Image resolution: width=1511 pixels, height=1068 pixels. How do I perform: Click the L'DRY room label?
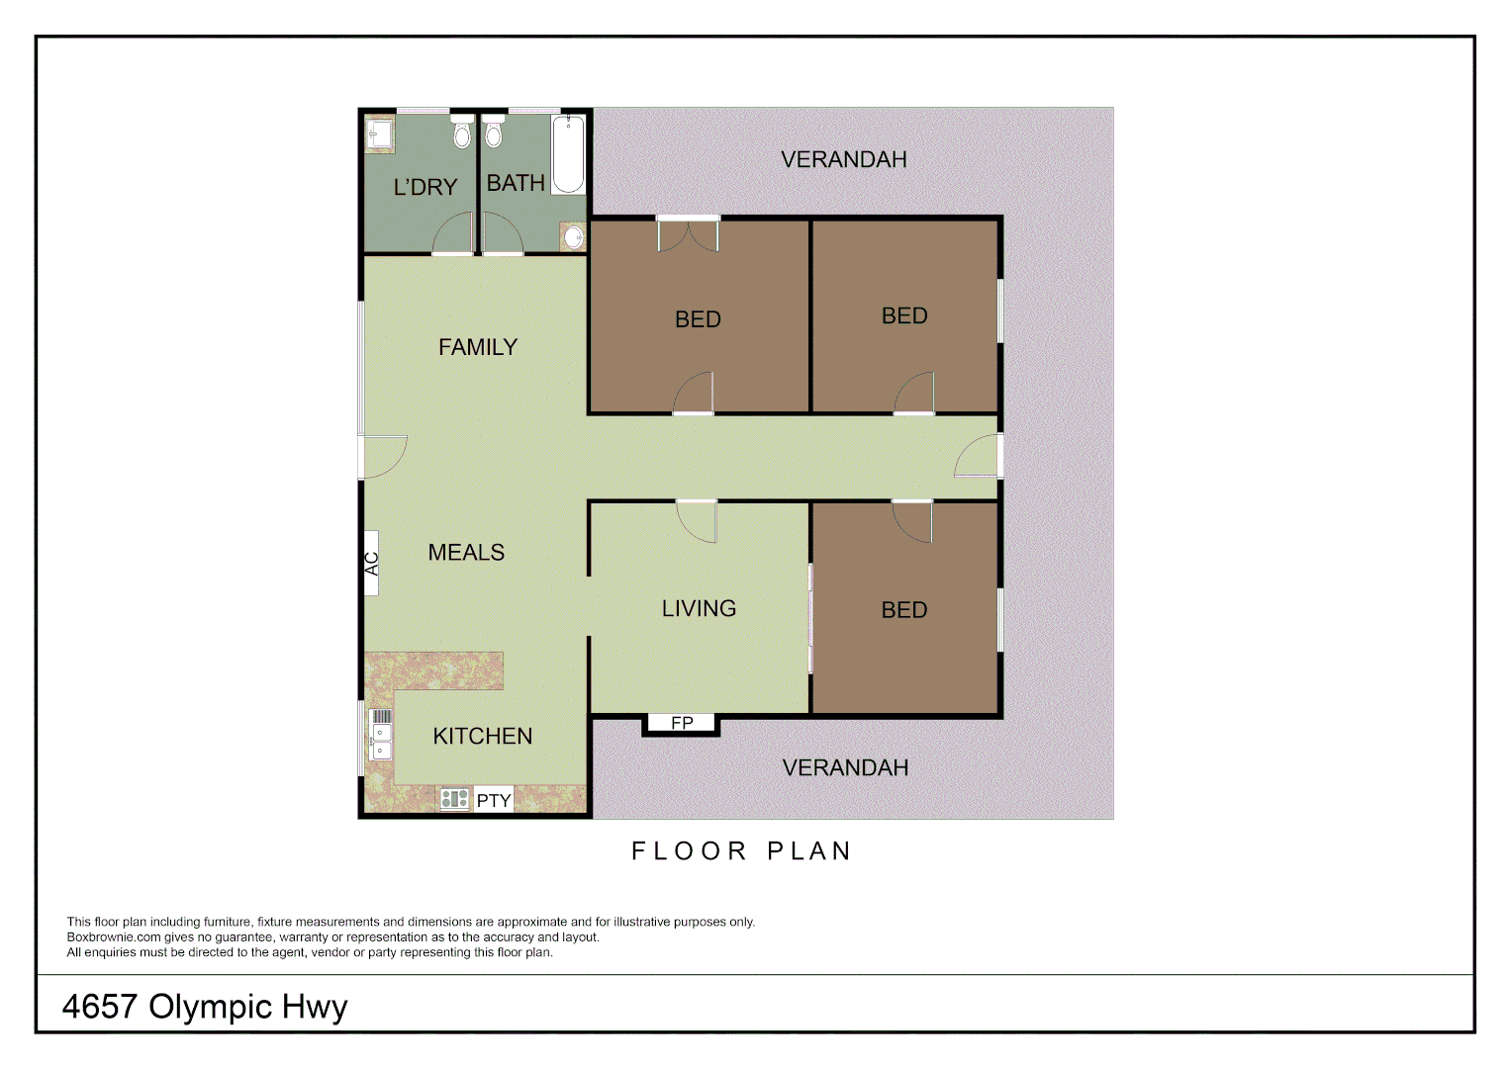(425, 187)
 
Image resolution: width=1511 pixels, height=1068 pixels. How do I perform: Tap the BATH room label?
(516, 183)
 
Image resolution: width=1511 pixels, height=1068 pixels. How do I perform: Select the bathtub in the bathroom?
(568, 154)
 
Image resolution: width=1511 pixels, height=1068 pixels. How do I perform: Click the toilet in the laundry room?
(462, 132)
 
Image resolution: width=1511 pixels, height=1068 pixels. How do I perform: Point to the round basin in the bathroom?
(574, 237)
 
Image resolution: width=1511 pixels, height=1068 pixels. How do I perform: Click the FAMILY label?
(478, 347)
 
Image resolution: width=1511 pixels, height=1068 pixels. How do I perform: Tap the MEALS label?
(466, 553)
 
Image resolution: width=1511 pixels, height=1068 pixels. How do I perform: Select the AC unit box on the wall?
(372, 563)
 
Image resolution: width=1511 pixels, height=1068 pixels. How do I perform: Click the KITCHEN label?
(483, 736)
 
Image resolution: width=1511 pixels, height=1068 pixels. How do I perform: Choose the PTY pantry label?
(494, 800)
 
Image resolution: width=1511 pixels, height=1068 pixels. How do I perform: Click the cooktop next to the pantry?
(454, 799)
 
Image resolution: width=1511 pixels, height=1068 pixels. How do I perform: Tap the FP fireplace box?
(682, 723)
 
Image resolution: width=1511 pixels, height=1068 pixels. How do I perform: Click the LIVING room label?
(699, 608)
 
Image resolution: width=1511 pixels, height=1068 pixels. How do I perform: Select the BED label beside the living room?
(904, 610)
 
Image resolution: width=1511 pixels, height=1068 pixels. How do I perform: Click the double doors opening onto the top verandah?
(688, 234)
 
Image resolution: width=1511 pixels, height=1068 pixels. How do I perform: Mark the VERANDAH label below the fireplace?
(845, 767)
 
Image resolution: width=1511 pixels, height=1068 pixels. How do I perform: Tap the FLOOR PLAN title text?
(741, 851)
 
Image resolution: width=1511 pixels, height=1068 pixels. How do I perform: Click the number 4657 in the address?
(99, 1007)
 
